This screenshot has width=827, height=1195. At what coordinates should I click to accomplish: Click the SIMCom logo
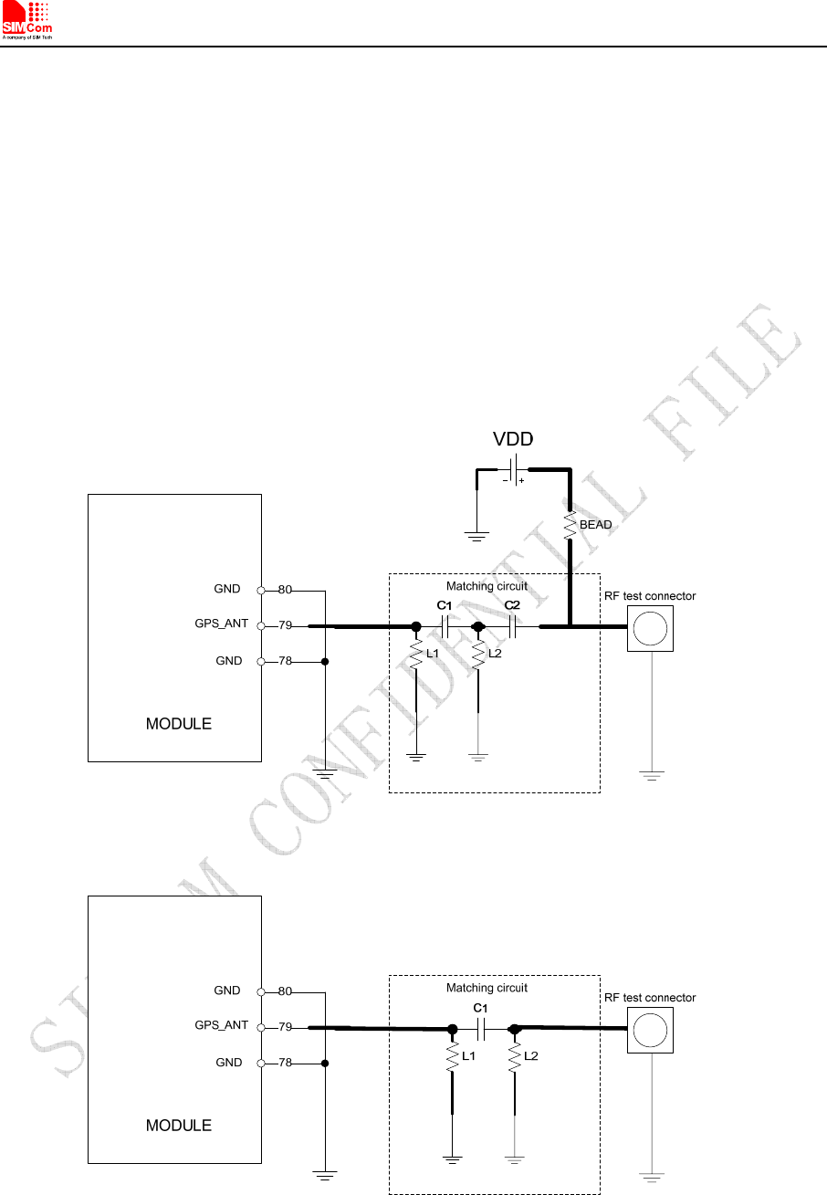point(27,21)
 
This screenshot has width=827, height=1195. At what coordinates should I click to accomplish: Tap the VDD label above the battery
point(513,439)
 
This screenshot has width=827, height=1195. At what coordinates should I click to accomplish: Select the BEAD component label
point(596,525)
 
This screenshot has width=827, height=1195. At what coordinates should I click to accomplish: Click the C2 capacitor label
point(512,606)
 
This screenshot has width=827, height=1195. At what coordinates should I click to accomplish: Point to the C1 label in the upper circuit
point(444,606)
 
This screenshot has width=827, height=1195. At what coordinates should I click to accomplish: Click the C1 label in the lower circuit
point(481,1008)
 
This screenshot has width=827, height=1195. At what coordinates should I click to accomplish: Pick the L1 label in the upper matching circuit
point(433,654)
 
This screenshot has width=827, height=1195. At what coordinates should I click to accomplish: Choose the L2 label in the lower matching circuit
point(532,1056)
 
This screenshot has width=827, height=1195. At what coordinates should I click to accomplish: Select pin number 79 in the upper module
point(286,626)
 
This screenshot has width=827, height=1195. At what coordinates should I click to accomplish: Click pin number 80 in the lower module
point(286,991)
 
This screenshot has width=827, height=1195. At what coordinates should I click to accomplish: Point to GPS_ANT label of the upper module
point(222,624)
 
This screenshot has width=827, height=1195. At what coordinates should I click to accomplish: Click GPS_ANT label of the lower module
point(222,1026)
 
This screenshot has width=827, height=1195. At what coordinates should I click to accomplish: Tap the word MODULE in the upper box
point(179,724)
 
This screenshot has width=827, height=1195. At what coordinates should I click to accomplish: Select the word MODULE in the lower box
point(179,1126)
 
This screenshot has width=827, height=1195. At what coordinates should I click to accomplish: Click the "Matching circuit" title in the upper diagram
point(487,586)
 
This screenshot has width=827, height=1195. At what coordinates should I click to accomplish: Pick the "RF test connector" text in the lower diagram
point(650,998)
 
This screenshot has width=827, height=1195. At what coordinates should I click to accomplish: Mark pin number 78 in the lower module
point(286,1063)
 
